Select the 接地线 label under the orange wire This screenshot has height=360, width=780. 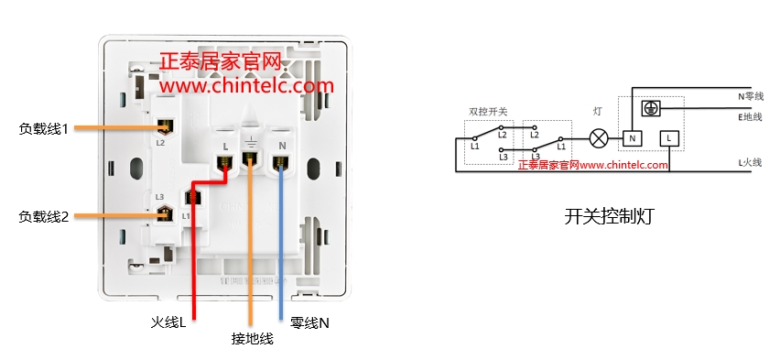click(x=253, y=339)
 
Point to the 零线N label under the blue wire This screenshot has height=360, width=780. click(x=309, y=322)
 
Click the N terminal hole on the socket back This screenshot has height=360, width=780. click(x=280, y=163)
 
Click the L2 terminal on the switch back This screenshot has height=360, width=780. click(x=166, y=127)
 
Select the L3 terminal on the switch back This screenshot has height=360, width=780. click(x=165, y=213)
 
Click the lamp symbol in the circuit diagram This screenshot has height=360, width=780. click(x=598, y=138)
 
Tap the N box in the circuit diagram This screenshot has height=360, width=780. click(x=632, y=138)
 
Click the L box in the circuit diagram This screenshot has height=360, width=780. click(x=669, y=138)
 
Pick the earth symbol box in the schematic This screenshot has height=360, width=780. click(x=651, y=108)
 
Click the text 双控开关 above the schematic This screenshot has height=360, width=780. click(x=488, y=111)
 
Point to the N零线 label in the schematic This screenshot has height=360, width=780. click(x=750, y=96)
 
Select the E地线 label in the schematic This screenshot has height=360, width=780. click(x=750, y=116)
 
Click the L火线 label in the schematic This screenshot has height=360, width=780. click(x=750, y=163)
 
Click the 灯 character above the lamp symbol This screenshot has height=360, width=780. click(x=598, y=111)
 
